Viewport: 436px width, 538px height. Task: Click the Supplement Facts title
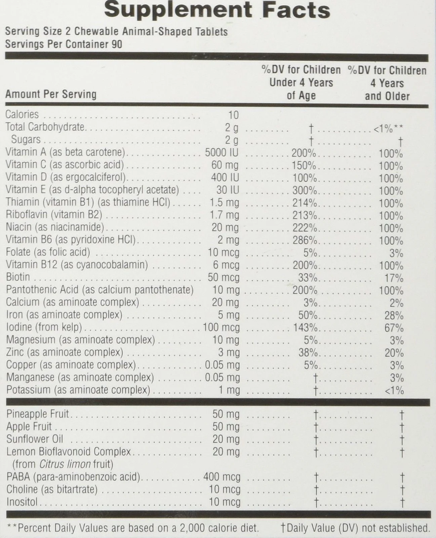pos(217,10)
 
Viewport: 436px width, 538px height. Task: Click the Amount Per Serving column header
pos(51,94)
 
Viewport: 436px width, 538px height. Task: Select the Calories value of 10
pos(233,115)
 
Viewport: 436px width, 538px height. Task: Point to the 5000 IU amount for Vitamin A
pos(222,153)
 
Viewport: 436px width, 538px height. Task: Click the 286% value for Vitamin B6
pos(305,240)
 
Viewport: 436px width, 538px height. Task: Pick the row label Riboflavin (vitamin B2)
pos(54,215)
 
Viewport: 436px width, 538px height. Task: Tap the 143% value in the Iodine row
pos(305,327)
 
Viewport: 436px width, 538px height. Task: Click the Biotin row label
pos(18,277)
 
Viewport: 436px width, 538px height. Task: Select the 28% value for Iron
pos(394,315)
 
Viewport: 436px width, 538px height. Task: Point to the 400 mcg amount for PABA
pos(222,477)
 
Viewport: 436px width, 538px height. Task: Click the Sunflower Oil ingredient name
pos(35,439)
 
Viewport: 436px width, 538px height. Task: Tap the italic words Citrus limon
pos(65,464)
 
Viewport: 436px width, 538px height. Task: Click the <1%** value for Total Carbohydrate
pos(388,128)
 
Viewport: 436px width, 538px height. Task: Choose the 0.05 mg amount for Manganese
pos(223,378)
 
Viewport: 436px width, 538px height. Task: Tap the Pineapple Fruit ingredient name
pos(37,414)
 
